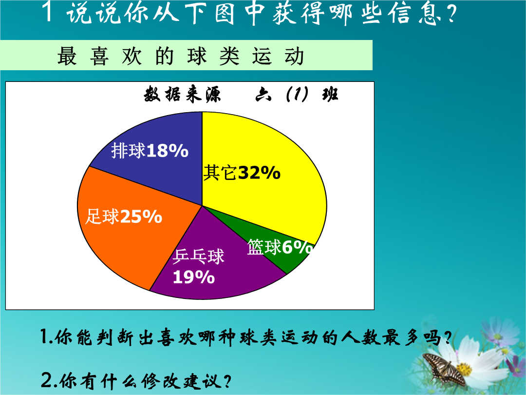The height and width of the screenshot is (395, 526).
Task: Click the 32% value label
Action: click(x=259, y=173)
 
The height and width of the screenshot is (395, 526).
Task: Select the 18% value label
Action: click(x=168, y=151)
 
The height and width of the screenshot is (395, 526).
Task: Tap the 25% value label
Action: click(x=141, y=217)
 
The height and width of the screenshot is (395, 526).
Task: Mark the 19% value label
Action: click(x=193, y=277)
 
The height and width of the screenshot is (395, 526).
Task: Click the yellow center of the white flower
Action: click(x=464, y=370)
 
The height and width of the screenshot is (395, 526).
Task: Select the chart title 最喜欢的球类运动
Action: click(x=181, y=56)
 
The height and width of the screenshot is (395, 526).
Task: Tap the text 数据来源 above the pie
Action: click(x=182, y=94)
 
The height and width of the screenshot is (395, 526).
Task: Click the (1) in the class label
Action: click(x=297, y=94)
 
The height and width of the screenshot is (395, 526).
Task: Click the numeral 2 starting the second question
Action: click(x=46, y=380)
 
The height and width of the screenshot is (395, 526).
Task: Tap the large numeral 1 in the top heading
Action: click(x=49, y=12)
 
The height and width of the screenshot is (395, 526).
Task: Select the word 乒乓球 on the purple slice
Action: click(x=198, y=257)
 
